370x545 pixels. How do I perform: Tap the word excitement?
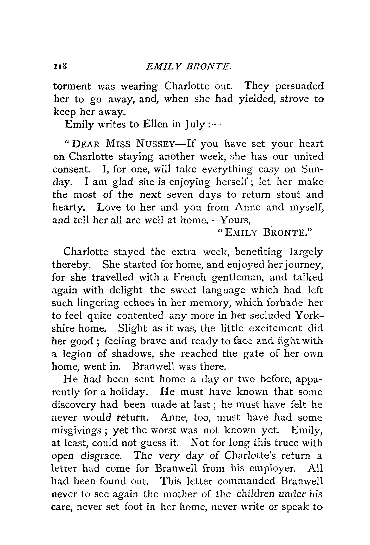pos(275,328)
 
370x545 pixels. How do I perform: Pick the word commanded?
pos(246,481)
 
